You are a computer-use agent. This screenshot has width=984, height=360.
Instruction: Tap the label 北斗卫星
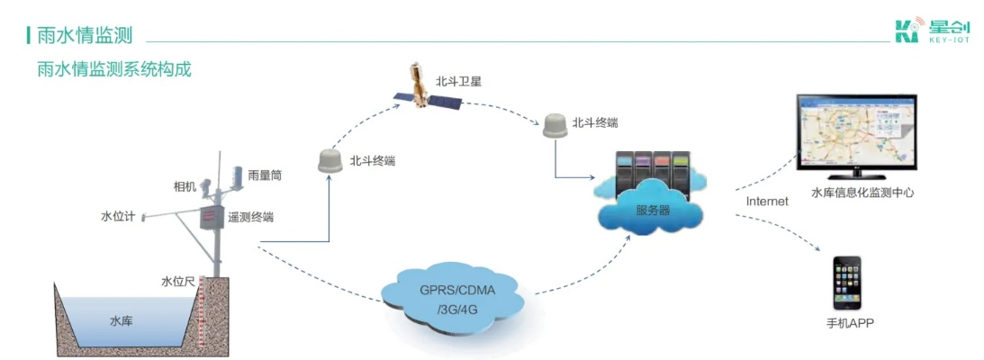(x=459, y=82)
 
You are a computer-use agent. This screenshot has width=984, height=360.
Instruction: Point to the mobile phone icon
(x=847, y=283)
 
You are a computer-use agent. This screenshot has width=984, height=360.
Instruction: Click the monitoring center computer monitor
(x=856, y=132)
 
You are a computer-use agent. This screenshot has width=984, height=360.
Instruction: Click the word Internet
(x=768, y=202)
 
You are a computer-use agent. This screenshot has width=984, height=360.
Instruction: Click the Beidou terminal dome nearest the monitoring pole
(x=330, y=161)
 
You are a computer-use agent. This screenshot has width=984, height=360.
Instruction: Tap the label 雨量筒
(x=265, y=175)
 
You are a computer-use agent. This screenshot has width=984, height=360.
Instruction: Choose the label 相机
(x=185, y=186)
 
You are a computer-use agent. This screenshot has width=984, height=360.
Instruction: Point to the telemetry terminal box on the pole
(x=212, y=217)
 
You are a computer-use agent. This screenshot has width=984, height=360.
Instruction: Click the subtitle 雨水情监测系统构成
(x=114, y=69)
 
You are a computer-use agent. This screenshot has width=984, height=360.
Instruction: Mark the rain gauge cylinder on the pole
(x=238, y=177)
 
